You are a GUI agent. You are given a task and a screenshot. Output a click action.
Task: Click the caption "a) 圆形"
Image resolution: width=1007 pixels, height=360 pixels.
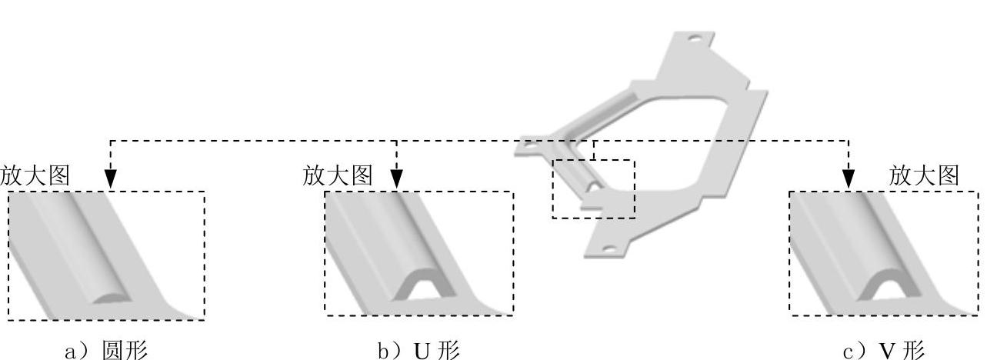click(105, 350)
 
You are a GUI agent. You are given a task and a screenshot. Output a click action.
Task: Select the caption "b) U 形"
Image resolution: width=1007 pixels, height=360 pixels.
click(418, 350)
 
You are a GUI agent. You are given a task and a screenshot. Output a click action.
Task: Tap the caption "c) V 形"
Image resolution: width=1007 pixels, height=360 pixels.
click(884, 350)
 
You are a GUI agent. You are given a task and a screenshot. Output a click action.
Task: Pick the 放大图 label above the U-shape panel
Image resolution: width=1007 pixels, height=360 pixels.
click(338, 175)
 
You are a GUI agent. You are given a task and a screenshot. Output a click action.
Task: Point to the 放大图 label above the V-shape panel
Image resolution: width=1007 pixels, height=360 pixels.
click(924, 175)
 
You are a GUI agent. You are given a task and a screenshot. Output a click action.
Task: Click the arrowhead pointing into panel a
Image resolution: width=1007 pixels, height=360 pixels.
click(111, 179)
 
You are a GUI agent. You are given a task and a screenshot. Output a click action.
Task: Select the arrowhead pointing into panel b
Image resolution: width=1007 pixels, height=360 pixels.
click(397, 179)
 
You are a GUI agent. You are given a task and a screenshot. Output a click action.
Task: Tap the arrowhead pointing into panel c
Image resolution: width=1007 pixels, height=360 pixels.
click(849, 179)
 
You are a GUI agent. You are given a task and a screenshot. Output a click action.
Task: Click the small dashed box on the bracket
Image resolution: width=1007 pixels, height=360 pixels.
click(593, 189)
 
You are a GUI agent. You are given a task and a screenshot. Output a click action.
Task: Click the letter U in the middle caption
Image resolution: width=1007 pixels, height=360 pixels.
click(422, 351)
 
